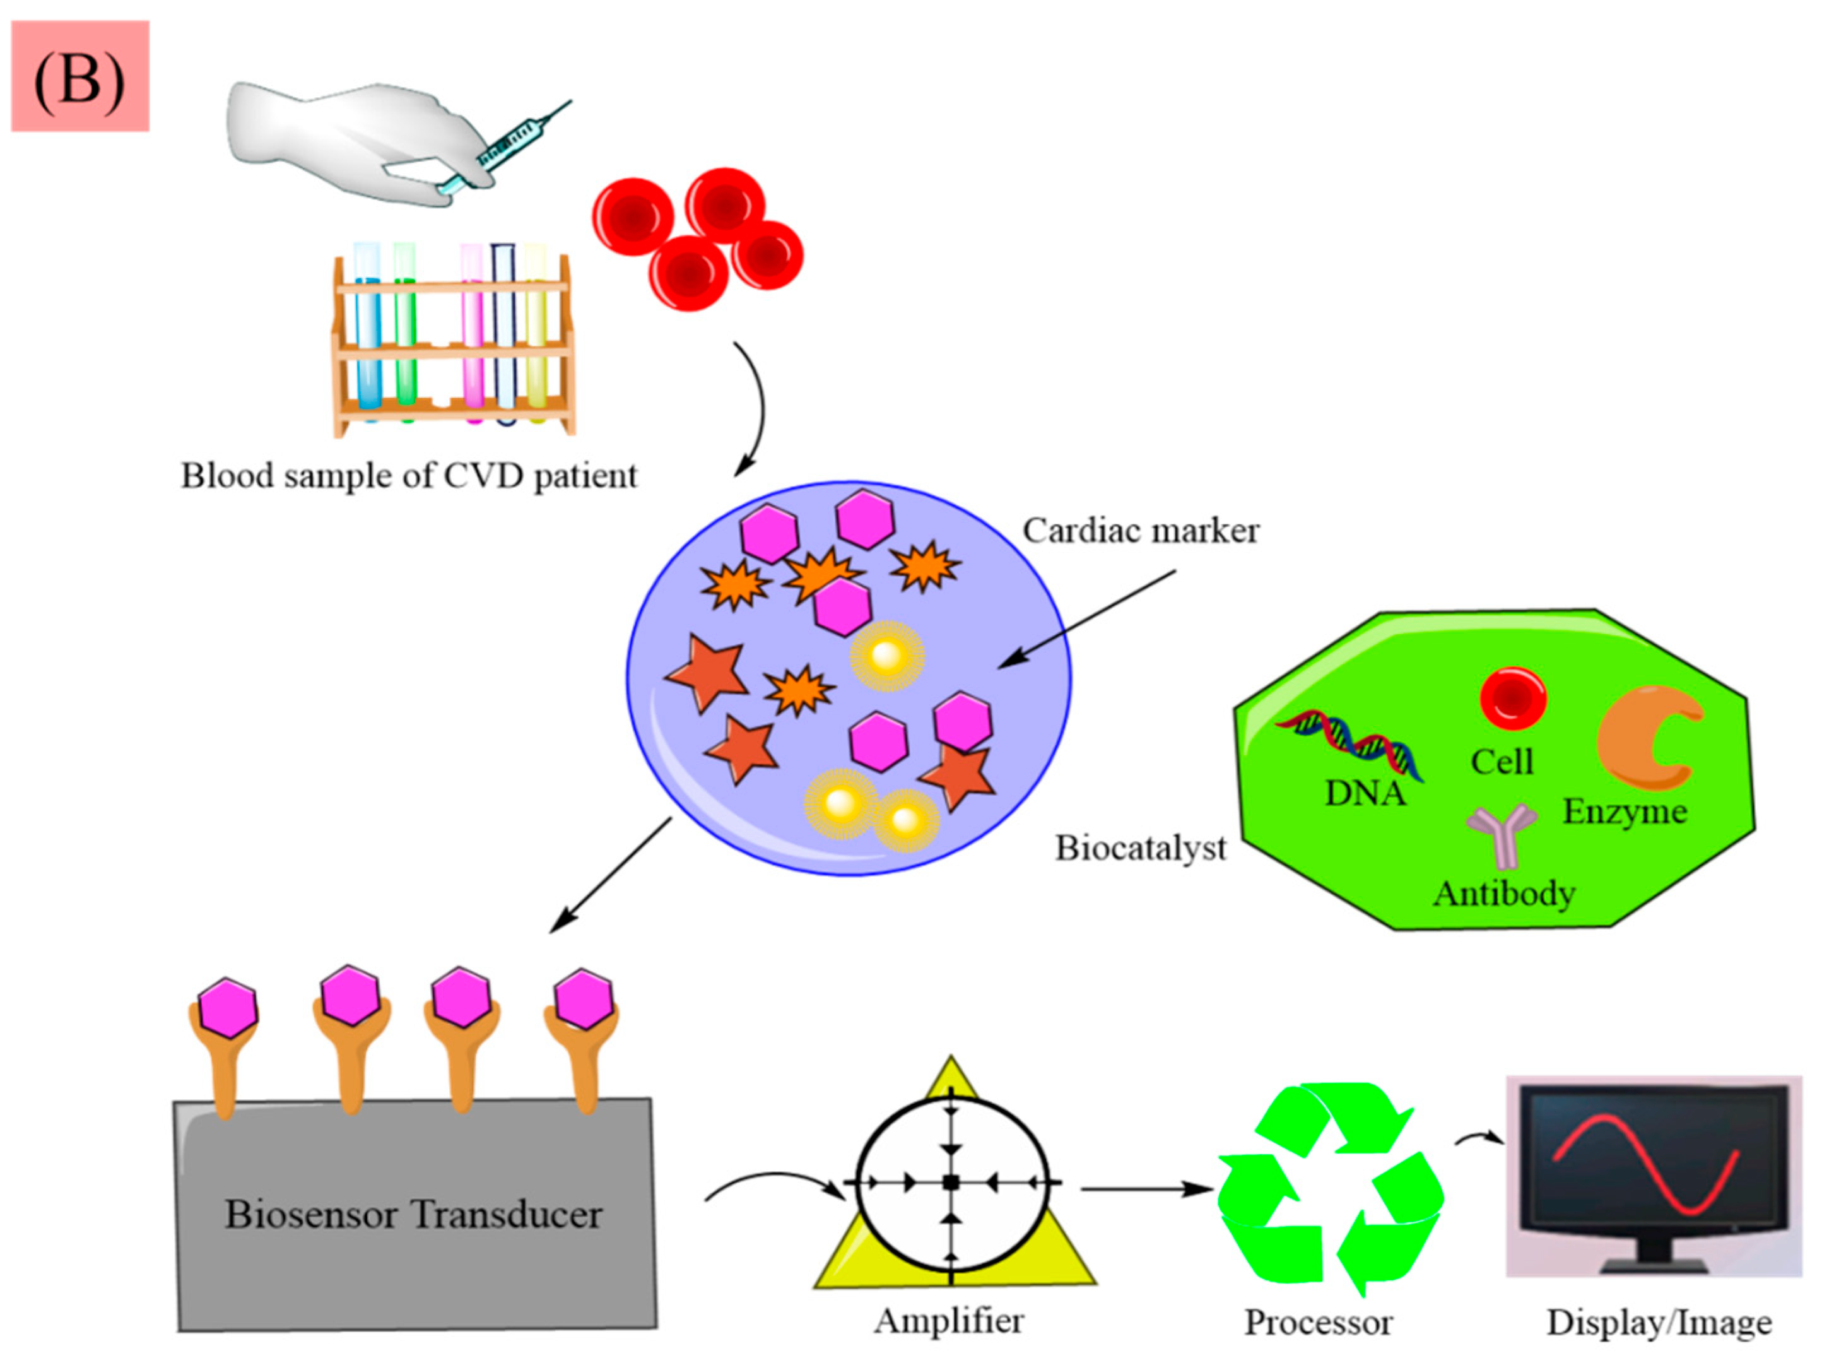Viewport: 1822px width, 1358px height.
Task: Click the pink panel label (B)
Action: coord(79,76)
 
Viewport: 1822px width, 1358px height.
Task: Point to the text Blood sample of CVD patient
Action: coord(408,476)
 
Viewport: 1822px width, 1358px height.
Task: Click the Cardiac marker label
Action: coord(1140,531)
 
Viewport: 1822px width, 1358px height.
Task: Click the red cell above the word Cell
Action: coord(1512,698)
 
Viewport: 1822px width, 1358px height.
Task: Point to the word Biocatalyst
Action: coord(1140,847)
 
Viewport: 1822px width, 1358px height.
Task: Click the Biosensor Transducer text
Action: coord(413,1215)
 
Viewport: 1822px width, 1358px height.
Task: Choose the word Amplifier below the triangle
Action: coord(949,1321)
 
